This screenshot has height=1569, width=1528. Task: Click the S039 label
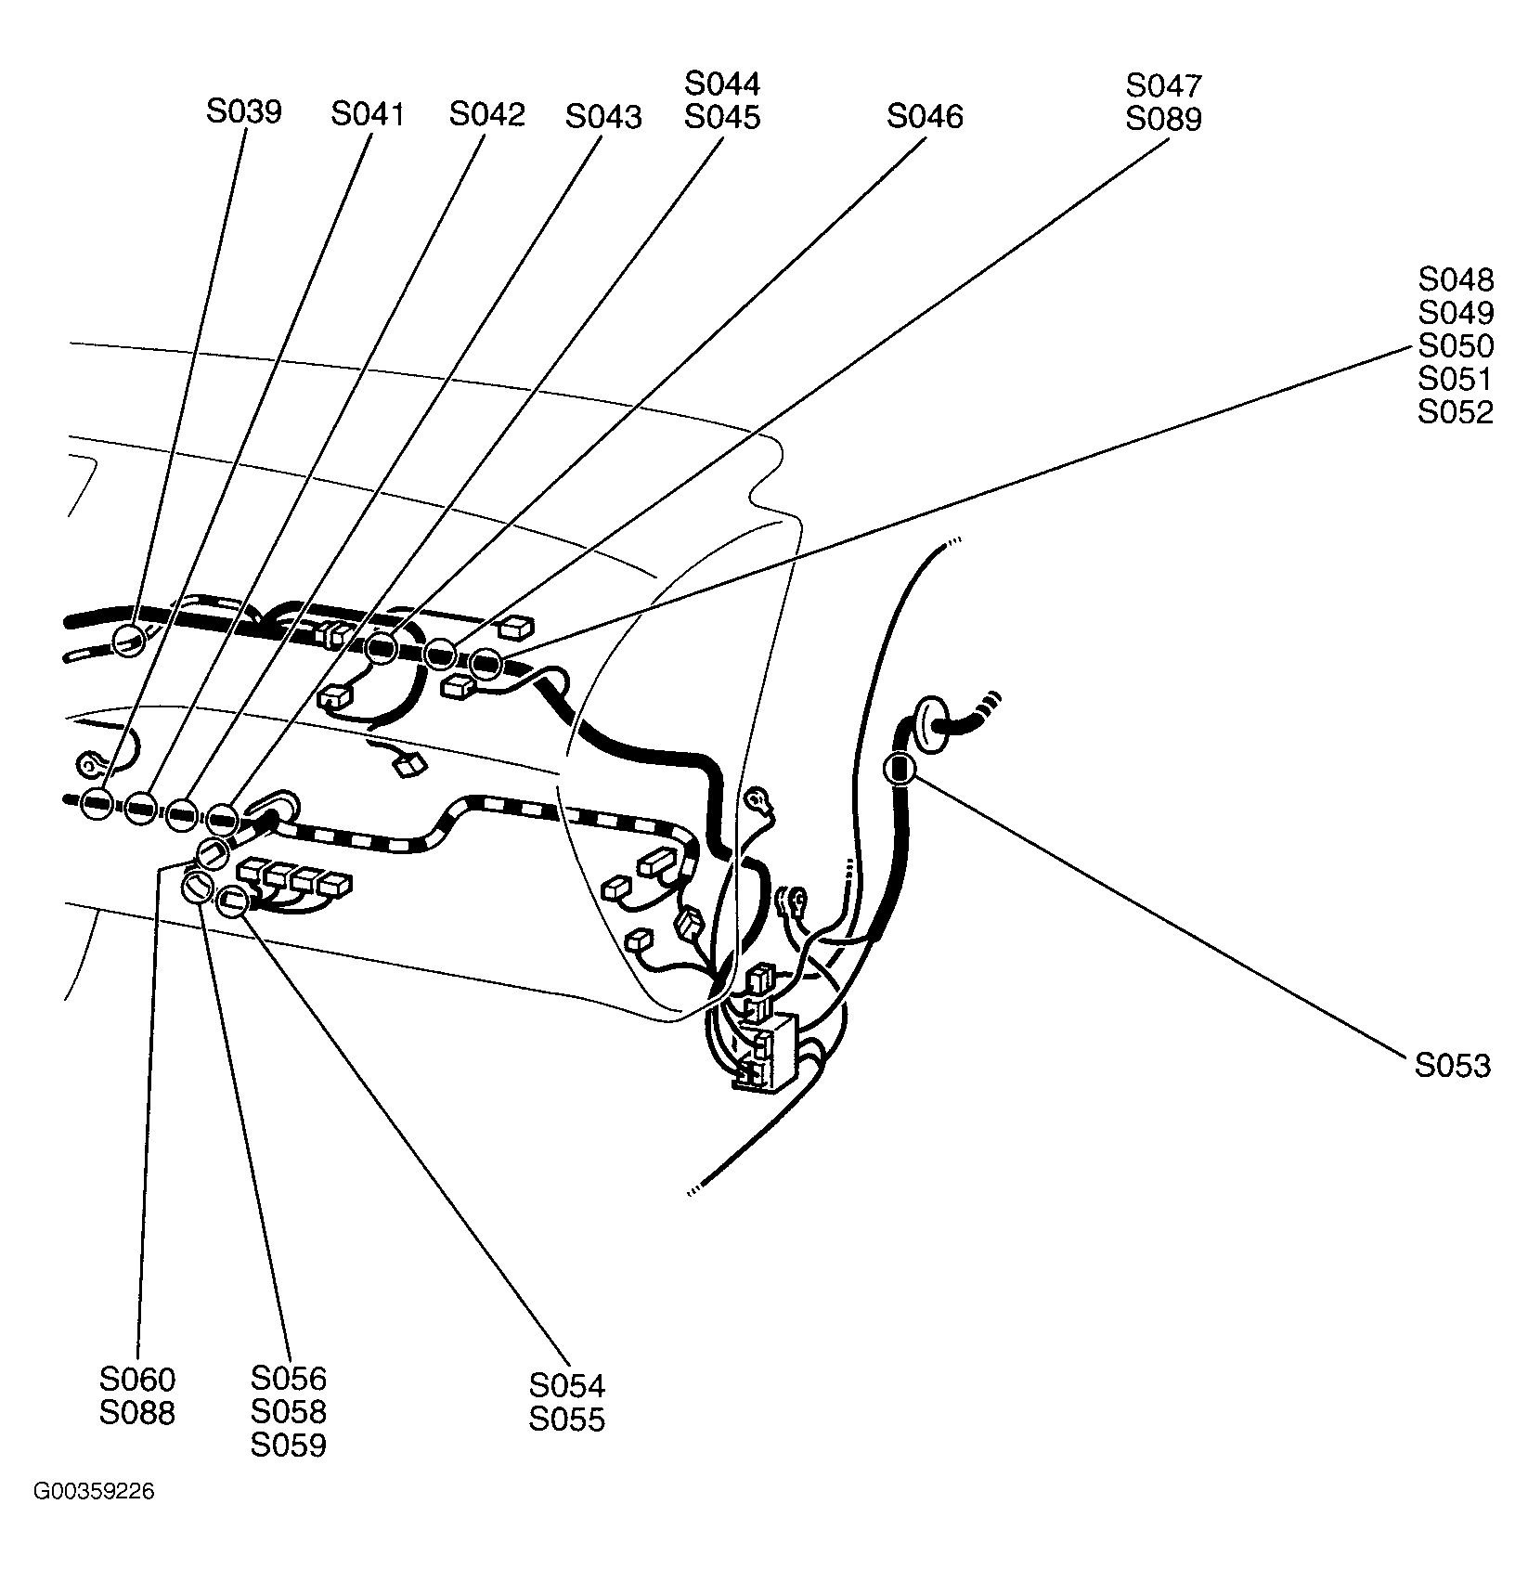tap(243, 112)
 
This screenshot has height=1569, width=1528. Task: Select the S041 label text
tap(368, 115)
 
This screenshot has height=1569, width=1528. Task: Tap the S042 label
tap(486, 115)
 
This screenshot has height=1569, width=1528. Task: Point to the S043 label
tap(602, 117)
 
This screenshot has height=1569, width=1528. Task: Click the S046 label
tap(925, 117)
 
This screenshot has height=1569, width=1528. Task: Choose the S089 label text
tap(1163, 120)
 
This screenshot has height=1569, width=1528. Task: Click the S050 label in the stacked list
tap(1455, 346)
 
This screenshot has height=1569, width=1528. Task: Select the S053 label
tap(1452, 1066)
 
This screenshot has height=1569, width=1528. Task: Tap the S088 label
tap(136, 1413)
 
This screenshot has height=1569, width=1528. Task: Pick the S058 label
tap(289, 1412)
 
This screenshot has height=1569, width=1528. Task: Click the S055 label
tap(566, 1420)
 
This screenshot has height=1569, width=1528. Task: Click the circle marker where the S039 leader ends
tap(129, 640)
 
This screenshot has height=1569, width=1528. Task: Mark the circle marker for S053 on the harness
tap(899, 769)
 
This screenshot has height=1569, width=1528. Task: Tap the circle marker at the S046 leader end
tap(382, 647)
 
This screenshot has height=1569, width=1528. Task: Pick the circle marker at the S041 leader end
tap(96, 803)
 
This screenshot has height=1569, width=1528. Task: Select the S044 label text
tap(721, 84)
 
